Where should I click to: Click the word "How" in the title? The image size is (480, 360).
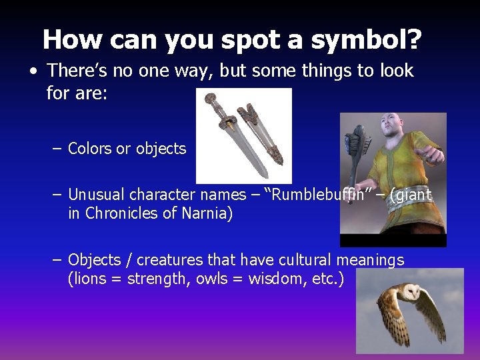tap(74, 40)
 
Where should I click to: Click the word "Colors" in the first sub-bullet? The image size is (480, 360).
tap(90, 149)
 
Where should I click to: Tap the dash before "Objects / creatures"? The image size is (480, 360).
tap(57, 259)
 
